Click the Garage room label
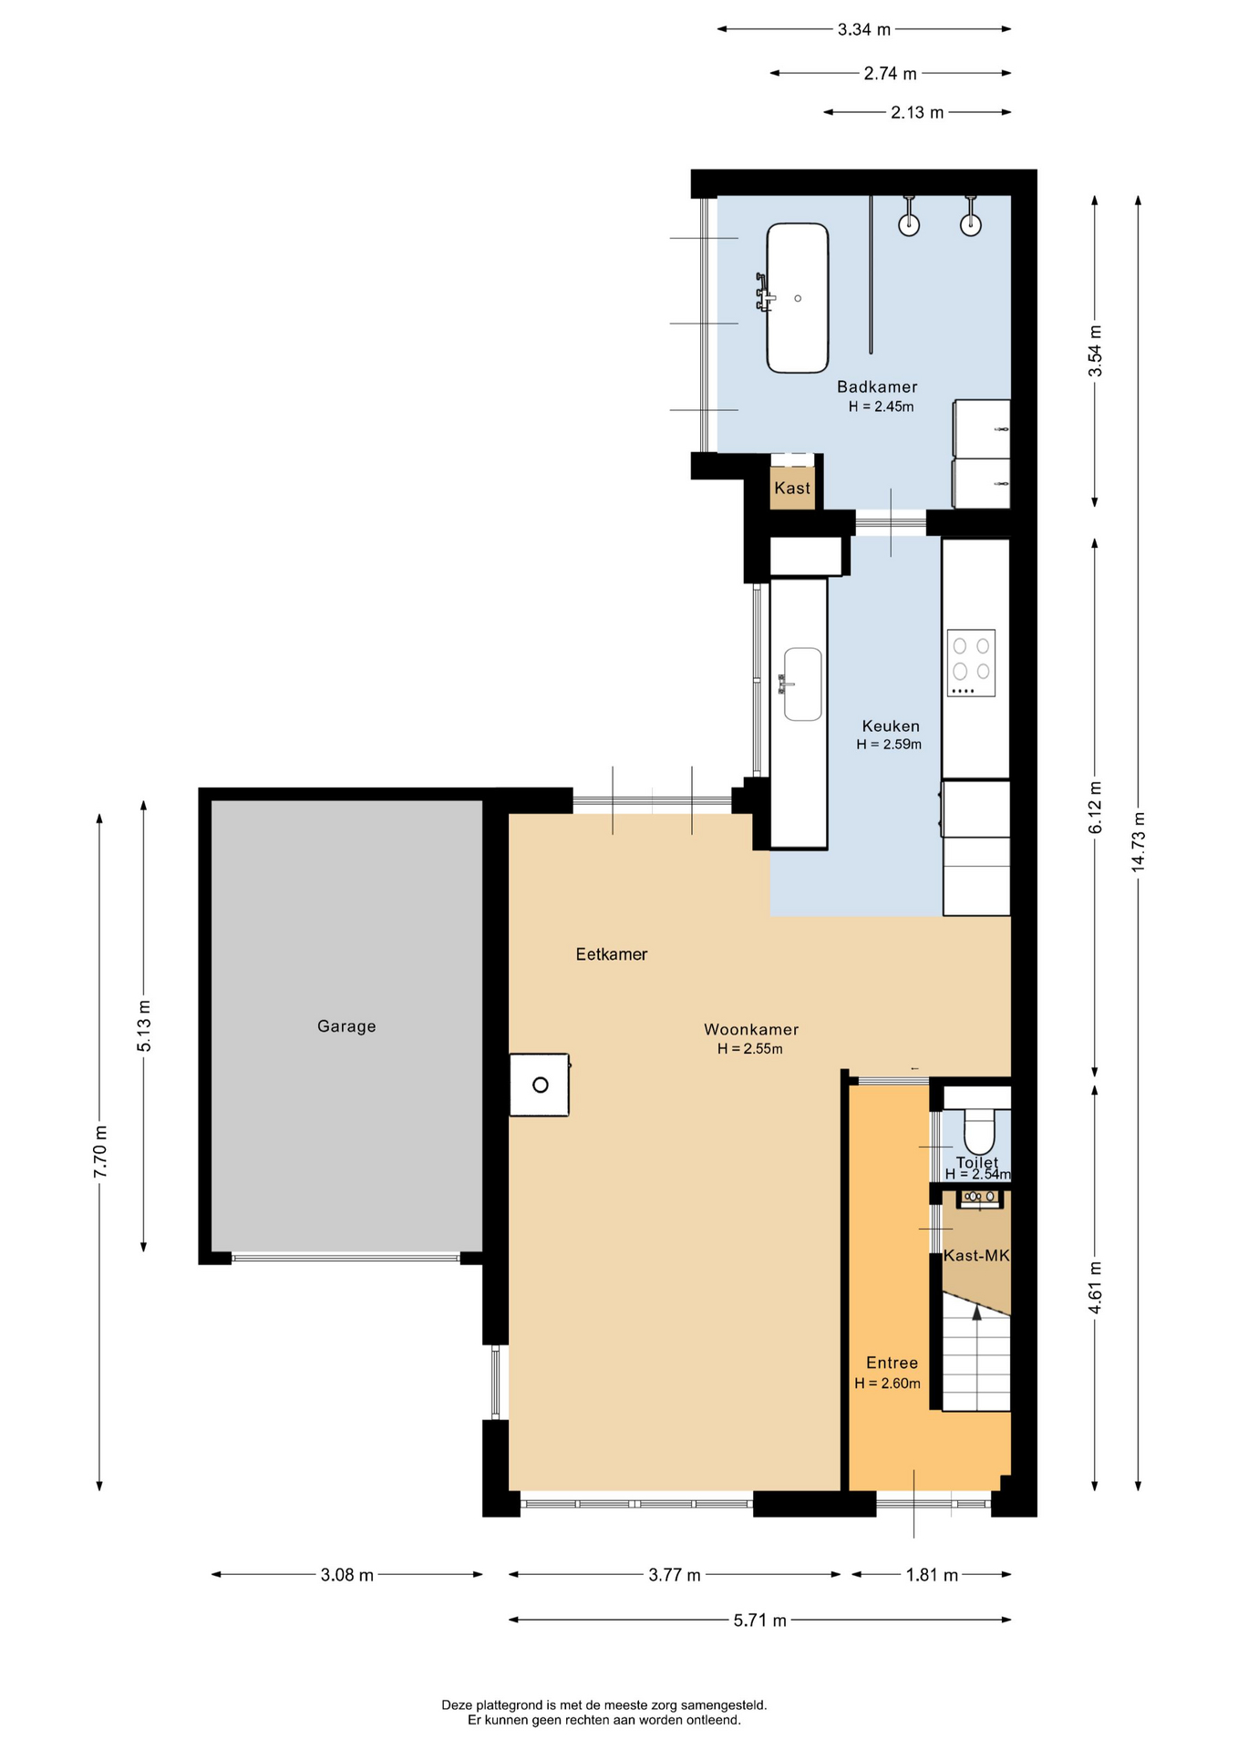point(346,1026)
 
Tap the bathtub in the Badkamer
point(798,298)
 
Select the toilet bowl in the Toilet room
point(979,1130)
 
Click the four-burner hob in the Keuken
point(971,663)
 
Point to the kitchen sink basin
point(802,684)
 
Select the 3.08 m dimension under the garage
point(346,1575)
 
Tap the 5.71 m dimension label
point(759,1621)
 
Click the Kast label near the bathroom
point(792,489)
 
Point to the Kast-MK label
point(976,1256)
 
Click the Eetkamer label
point(612,954)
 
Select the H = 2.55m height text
point(750,1049)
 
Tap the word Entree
point(892,1363)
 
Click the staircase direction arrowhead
point(976,1312)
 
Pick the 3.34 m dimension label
point(864,29)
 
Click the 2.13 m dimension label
point(917,113)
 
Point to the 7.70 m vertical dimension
point(100,1152)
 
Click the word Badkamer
point(877,387)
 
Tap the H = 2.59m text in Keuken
point(889,745)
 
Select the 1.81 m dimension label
point(932,1575)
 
